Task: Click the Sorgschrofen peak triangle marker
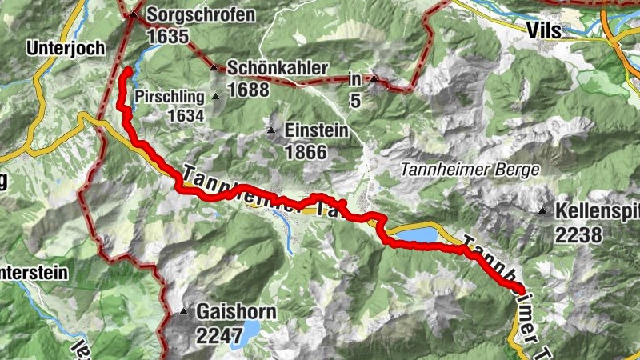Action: click(x=134, y=14)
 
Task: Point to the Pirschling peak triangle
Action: click(x=215, y=97)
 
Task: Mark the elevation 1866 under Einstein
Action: click(x=306, y=152)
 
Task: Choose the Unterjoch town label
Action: click(x=66, y=48)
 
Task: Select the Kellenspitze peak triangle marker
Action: click(x=542, y=211)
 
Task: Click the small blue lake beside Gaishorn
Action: click(x=250, y=329)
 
